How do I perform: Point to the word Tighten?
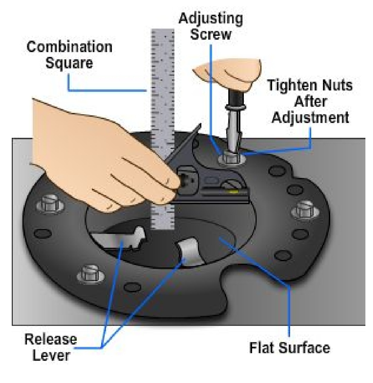pos(293,85)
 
